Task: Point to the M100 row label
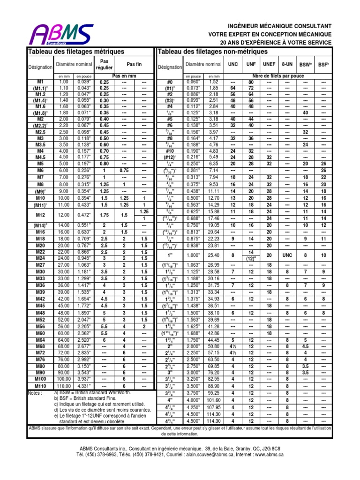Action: pyautogui.click(x=40, y=378)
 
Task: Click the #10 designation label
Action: pyautogui.click(x=170, y=151)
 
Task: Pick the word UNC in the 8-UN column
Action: pyautogui.click(x=287, y=255)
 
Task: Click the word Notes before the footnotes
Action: pyautogui.click(x=36, y=393)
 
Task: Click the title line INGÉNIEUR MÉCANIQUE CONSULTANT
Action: pyautogui.click(x=279, y=26)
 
